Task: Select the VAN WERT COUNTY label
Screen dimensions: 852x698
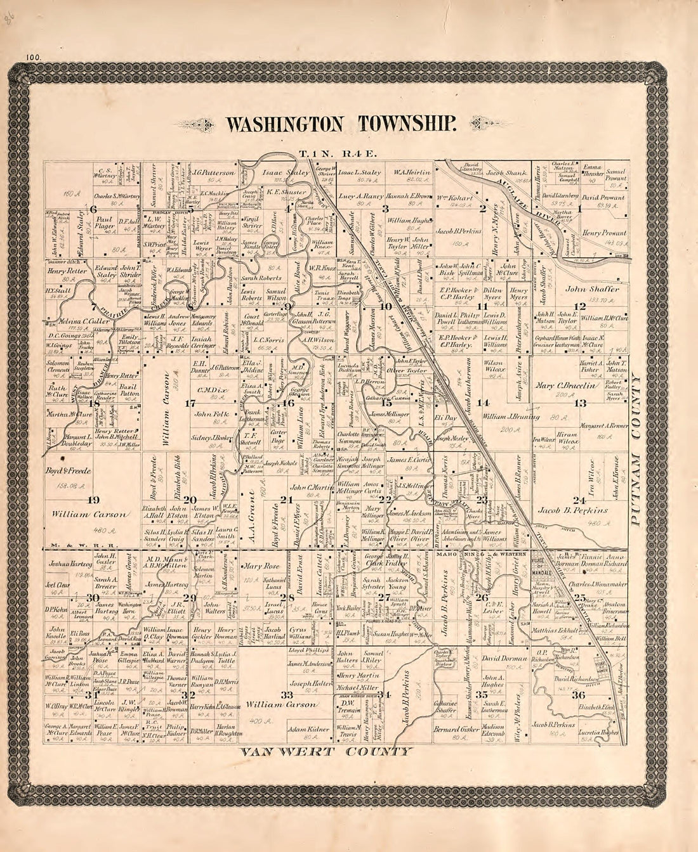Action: click(x=326, y=752)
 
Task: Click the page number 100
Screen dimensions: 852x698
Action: click(x=34, y=57)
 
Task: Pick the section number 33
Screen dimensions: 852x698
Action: click(x=286, y=695)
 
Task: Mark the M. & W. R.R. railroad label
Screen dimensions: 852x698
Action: click(x=63, y=545)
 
